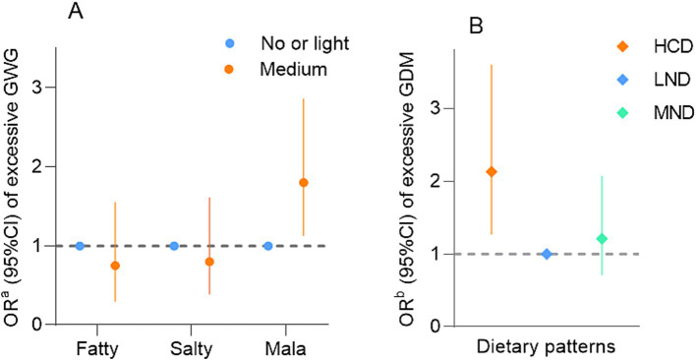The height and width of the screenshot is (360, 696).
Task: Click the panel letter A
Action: (x=76, y=13)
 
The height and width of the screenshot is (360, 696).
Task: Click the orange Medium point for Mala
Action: (x=304, y=182)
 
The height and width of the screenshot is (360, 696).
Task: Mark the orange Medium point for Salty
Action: (x=209, y=262)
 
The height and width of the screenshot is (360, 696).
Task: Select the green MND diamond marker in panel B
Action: (x=602, y=239)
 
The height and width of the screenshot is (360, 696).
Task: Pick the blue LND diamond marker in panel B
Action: (x=547, y=254)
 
